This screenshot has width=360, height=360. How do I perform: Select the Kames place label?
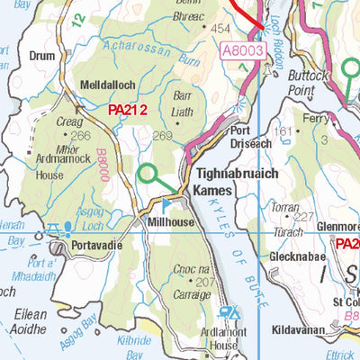[212, 191]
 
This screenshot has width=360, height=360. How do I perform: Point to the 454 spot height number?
[220, 29]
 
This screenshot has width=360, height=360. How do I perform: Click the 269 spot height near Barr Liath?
[162, 136]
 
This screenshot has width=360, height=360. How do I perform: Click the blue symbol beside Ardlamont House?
[229, 313]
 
